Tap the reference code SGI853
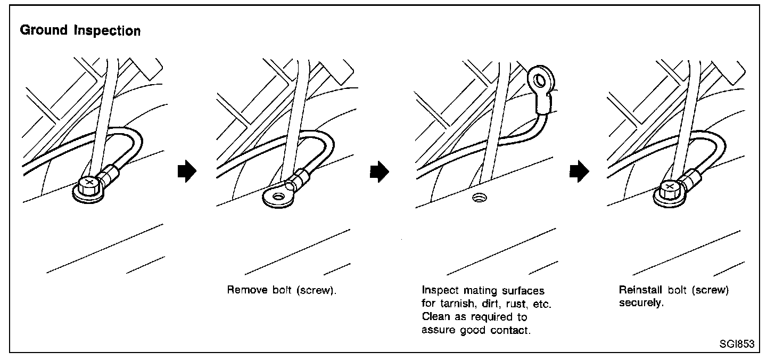[x=737, y=344]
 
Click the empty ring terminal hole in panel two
[x=277, y=197]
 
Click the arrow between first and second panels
[x=187, y=172]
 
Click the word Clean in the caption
[x=434, y=317]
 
